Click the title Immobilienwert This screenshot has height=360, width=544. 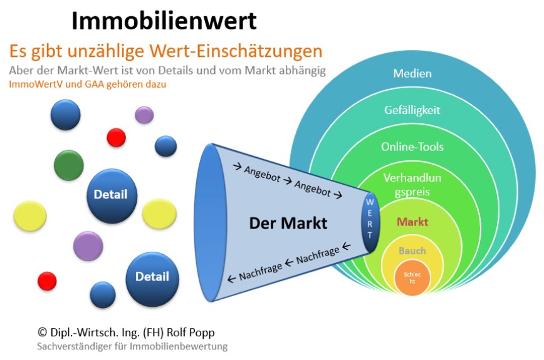click(164, 21)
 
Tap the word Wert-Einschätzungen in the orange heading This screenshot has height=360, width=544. click(236, 51)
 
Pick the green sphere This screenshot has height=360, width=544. click(69, 165)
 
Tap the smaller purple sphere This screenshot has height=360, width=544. click(144, 115)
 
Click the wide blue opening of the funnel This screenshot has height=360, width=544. click(209, 222)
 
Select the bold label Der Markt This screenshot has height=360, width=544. click(288, 223)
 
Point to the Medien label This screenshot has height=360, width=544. click(412, 73)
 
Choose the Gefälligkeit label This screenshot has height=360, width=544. click(412, 110)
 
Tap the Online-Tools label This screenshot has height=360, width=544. click(412, 147)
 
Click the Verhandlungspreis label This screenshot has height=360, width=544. click(412, 185)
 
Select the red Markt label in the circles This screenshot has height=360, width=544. click(412, 222)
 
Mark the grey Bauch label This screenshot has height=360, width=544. click(412, 250)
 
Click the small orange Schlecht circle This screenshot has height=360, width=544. click(412, 278)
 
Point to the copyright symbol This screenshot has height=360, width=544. click(43, 332)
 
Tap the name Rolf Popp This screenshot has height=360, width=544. click(191, 332)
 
